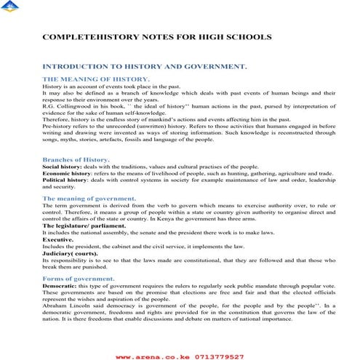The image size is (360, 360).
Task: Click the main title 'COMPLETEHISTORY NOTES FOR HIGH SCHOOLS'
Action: (x=157, y=36)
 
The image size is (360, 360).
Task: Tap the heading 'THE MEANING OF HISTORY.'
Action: (x=96, y=78)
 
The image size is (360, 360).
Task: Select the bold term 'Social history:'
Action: (x=62, y=167)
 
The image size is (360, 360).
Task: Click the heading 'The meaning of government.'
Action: (x=93, y=198)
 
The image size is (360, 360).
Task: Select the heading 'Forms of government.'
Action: (x=79, y=279)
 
